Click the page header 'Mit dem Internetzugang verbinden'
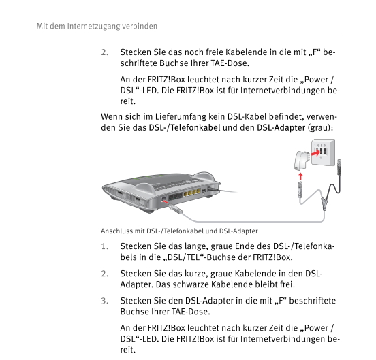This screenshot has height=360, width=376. [x=97, y=26]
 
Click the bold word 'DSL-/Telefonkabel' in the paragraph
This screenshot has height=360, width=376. [x=185, y=128]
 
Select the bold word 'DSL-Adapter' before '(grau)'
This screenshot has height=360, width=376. [x=281, y=128]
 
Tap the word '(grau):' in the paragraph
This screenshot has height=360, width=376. [x=321, y=128]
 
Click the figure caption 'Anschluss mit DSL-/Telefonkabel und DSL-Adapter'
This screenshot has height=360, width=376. [x=179, y=231]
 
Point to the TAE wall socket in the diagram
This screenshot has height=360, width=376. [x=324, y=152]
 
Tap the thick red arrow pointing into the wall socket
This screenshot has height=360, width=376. [x=315, y=153]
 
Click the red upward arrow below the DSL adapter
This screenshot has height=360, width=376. [x=300, y=177]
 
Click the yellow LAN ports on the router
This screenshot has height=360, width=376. [x=192, y=193]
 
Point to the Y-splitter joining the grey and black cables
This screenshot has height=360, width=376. [x=324, y=203]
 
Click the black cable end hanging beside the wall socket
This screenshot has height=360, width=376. [x=339, y=167]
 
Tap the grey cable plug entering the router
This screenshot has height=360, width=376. [x=176, y=209]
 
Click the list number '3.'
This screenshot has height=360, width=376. [x=105, y=301]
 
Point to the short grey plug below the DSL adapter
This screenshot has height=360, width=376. [x=300, y=189]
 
